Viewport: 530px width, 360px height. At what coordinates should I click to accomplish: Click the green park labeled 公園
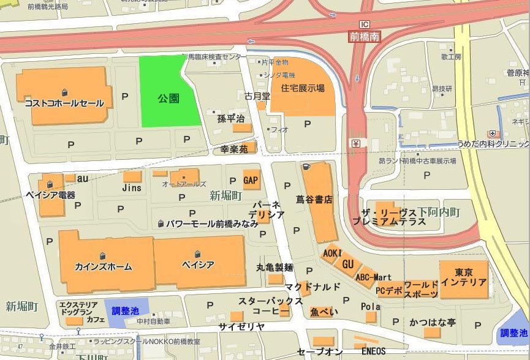(x=168, y=98)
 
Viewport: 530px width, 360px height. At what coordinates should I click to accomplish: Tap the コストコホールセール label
(x=64, y=103)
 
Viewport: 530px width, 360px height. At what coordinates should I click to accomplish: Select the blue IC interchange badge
(x=365, y=24)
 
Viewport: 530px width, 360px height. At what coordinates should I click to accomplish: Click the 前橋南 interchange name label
(x=365, y=37)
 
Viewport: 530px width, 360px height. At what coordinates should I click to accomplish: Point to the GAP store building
(x=251, y=180)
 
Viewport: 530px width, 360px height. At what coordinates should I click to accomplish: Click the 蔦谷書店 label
(x=314, y=200)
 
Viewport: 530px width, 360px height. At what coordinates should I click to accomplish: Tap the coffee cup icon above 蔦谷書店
(x=306, y=167)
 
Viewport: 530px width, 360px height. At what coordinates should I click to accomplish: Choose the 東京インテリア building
(x=464, y=278)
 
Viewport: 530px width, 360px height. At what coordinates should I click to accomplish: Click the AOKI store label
(x=331, y=253)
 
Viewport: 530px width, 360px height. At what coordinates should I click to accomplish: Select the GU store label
(x=348, y=264)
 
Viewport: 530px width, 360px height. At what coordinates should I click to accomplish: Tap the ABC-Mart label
(x=373, y=277)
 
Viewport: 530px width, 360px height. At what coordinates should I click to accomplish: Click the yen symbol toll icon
(x=356, y=144)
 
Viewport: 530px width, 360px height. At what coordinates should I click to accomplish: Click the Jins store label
(x=132, y=188)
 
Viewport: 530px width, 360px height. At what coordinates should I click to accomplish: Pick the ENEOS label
(x=373, y=352)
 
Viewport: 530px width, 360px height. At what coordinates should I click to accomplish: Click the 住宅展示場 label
(x=303, y=88)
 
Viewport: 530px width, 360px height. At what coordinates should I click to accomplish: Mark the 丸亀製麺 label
(x=274, y=268)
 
